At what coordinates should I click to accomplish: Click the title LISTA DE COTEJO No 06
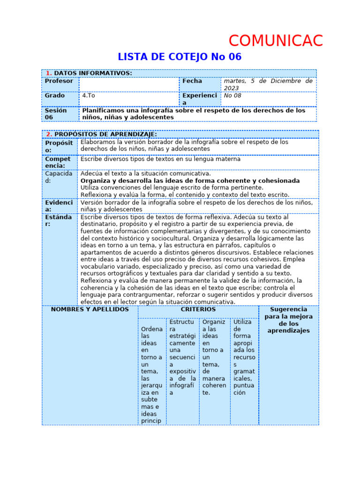(x=180, y=57)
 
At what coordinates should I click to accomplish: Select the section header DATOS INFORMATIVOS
(x=93, y=73)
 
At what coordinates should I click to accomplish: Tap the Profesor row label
(x=59, y=81)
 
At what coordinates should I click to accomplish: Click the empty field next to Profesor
(x=128, y=84)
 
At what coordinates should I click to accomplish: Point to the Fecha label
(x=192, y=81)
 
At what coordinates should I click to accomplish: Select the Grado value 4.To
(x=89, y=95)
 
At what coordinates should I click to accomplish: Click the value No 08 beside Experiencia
(x=235, y=95)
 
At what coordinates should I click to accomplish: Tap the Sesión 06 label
(x=56, y=114)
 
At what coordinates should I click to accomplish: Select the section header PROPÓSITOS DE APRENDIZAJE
(x=105, y=135)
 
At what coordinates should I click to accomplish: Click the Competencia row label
(x=58, y=162)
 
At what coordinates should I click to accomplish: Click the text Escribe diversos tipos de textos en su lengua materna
(x=160, y=159)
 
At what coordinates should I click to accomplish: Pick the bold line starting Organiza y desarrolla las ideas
(x=190, y=180)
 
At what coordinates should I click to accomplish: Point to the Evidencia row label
(x=59, y=206)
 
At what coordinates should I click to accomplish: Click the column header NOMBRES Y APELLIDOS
(x=90, y=309)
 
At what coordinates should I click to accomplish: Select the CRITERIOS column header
(x=198, y=309)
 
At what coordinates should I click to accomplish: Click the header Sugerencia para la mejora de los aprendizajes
(x=288, y=320)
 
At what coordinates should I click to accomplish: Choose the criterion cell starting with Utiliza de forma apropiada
(x=244, y=357)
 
